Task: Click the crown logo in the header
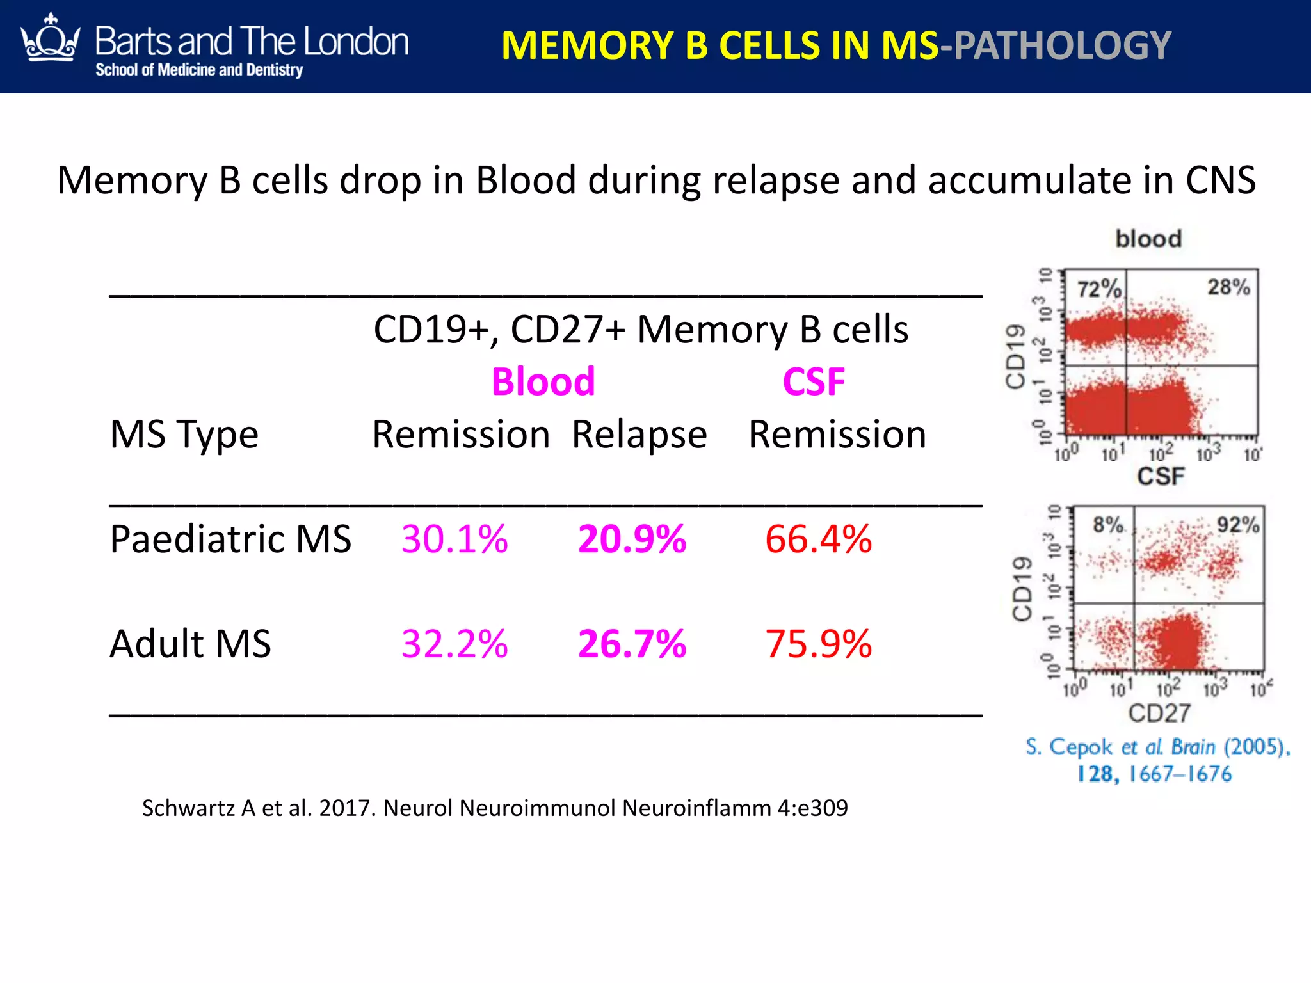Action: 51,39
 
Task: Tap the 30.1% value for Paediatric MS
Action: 454,539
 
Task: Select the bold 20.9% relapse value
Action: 632,539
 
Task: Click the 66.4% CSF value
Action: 818,539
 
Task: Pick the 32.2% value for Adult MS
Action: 454,644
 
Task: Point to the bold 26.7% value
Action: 632,644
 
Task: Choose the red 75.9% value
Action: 818,644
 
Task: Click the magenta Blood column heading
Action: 543,382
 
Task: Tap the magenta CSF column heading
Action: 814,382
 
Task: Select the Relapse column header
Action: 639,435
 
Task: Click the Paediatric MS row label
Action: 230,539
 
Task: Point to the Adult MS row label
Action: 190,644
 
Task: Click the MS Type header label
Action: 184,435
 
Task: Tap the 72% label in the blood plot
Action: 1099,289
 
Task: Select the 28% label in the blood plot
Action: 1228,287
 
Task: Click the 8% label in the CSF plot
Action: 1108,525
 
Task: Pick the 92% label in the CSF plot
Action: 1238,525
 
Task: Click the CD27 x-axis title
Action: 1159,713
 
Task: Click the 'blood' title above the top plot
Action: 1148,239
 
